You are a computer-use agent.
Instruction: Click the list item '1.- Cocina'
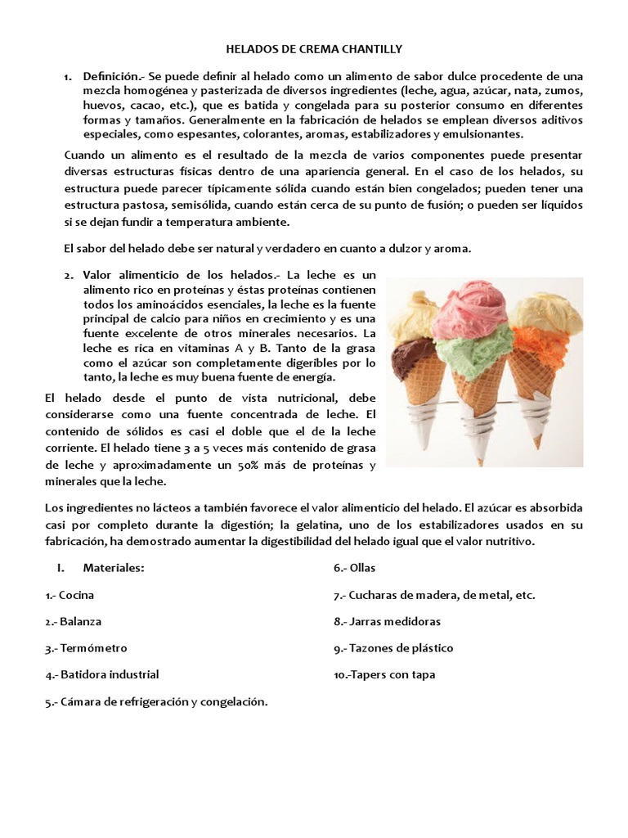point(70,596)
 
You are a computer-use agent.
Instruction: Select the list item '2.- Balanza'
point(74,622)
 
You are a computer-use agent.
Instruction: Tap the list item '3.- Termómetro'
point(86,648)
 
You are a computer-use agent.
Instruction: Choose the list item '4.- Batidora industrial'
point(102,674)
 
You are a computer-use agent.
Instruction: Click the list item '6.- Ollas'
point(354,568)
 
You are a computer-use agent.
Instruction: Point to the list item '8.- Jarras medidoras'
point(387,622)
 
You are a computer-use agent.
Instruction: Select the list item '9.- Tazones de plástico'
point(393,648)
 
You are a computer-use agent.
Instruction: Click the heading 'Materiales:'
point(114,568)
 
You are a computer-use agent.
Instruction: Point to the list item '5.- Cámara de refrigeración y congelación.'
point(157,701)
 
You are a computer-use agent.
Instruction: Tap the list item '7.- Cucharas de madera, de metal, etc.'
point(434,596)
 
